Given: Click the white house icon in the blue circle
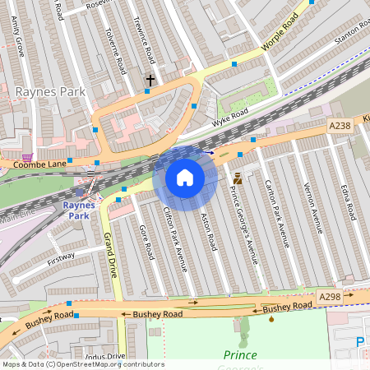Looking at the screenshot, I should click(x=185, y=178).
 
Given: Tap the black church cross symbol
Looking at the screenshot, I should click(x=150, y=80).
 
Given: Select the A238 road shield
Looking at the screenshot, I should click(x=340, y=126).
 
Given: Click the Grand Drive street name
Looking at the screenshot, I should click(x=111, y=254).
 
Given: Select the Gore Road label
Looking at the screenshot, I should click(x=146, y=243).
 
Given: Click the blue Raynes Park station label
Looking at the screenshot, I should click(x=78, y=210).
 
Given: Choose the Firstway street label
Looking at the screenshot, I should click(x=61, y=260).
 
